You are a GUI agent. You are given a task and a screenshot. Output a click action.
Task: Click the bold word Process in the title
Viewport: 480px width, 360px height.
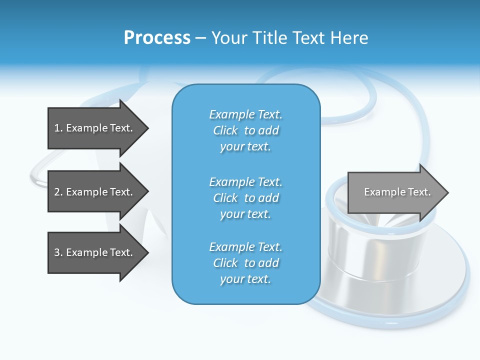click(157, 38)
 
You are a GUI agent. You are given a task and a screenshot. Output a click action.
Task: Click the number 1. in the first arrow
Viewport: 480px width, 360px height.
click(58, 128)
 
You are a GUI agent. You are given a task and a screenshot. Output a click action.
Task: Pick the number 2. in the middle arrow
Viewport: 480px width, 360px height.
click(58, 192)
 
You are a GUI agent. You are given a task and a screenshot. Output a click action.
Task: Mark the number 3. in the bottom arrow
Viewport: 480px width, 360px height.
click(58, 252)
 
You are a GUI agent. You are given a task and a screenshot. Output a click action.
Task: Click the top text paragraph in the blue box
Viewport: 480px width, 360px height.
click(245, 130)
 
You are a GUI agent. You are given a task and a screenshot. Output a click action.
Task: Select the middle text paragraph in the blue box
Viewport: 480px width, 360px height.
click(245, 198)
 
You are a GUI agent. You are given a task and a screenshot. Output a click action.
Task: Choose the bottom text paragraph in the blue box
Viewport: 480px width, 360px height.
click(245, 263)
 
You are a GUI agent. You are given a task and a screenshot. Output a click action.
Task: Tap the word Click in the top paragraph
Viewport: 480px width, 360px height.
click(225, 130)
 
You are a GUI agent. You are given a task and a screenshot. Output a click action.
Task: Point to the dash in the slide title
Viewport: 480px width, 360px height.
click(200, 38)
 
